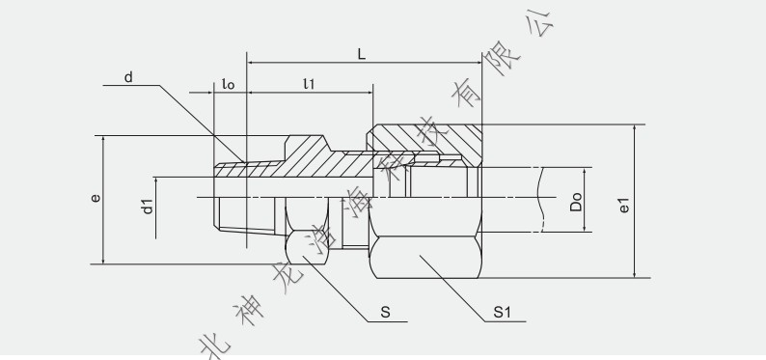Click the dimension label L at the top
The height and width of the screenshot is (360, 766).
[362, 54]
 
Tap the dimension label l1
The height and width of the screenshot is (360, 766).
[309, 84]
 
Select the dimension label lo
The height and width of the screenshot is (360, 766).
[228, 84]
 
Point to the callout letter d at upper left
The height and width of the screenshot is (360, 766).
[128, 76]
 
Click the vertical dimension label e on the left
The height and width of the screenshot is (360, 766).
[95, 198]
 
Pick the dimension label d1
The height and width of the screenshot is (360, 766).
[147, 205]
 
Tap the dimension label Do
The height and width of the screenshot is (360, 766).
[576, 200]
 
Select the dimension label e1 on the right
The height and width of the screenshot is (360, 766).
[624, 205]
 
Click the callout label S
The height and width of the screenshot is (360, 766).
[385, 312]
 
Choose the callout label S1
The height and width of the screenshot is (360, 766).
[502, 312]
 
